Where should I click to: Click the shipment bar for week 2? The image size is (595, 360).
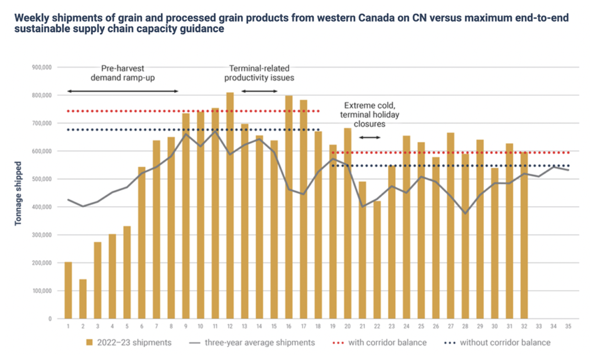[83, 299]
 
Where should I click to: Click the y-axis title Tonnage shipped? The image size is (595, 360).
[19, 193]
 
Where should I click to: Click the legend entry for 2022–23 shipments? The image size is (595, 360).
[129, 343]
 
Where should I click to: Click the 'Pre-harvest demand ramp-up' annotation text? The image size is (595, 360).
[124, 72]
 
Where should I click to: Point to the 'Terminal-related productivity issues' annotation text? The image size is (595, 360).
[260, 72]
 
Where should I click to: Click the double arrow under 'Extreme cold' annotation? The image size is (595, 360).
[370, 137]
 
